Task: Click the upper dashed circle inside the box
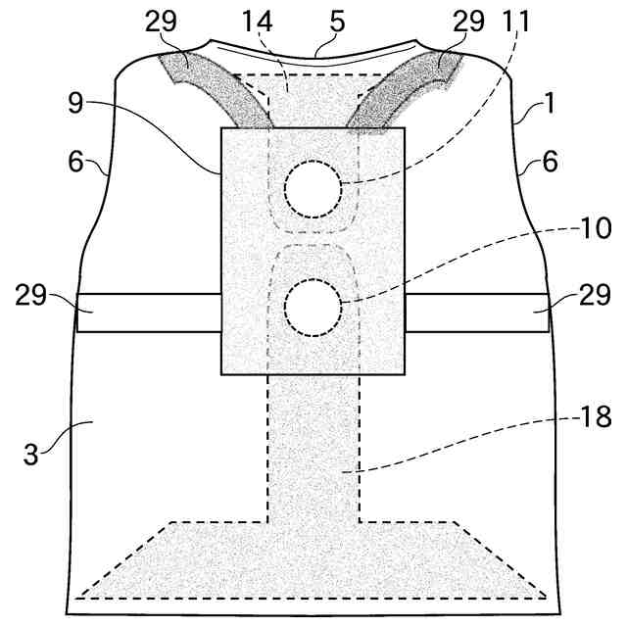313,188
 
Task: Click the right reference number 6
550,162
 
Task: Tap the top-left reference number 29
163,23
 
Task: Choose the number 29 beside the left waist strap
32,295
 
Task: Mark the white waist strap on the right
477,312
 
